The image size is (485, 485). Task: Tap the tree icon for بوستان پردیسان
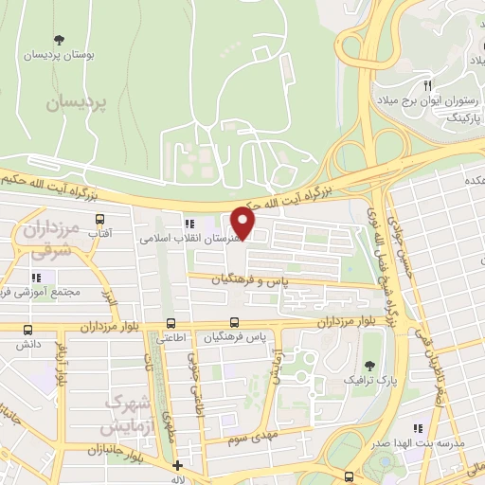tap(60, 39)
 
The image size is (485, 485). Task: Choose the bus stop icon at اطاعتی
tap(171, 322)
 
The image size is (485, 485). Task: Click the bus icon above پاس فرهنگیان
tap(234, 322)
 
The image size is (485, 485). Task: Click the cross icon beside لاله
tap(177, 465)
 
